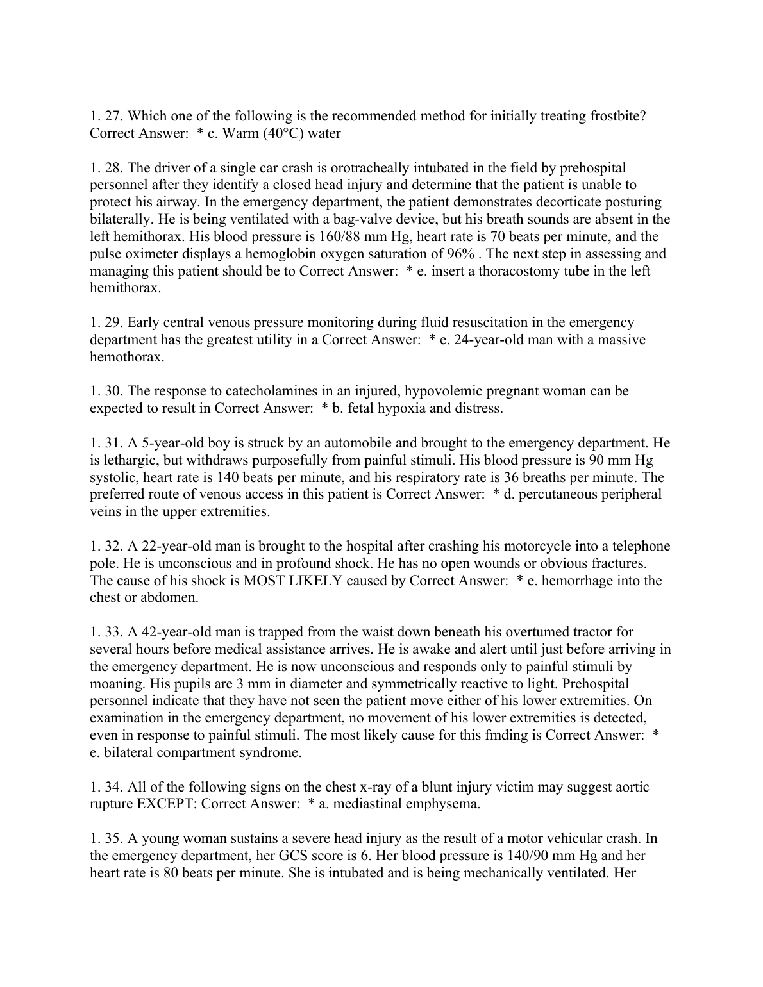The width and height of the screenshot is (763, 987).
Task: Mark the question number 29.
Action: [x=114, y=322]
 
